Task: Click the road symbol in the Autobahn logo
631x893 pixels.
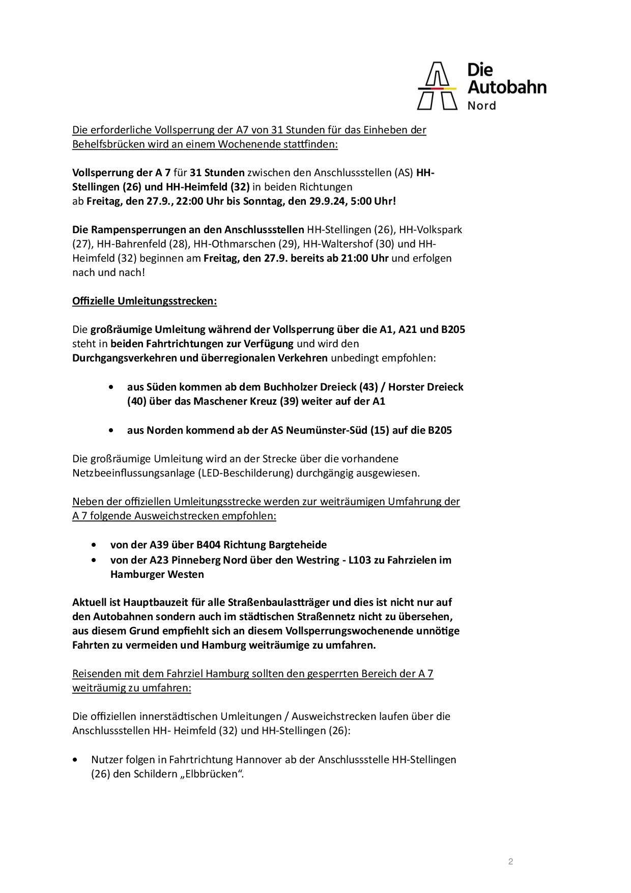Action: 437,86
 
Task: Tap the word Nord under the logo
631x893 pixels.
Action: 481,106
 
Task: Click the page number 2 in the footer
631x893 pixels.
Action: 510,861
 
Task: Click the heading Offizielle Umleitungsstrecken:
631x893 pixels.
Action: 145,301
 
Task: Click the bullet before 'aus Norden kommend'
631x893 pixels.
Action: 111,430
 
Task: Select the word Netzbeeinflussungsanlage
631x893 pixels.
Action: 134,473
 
